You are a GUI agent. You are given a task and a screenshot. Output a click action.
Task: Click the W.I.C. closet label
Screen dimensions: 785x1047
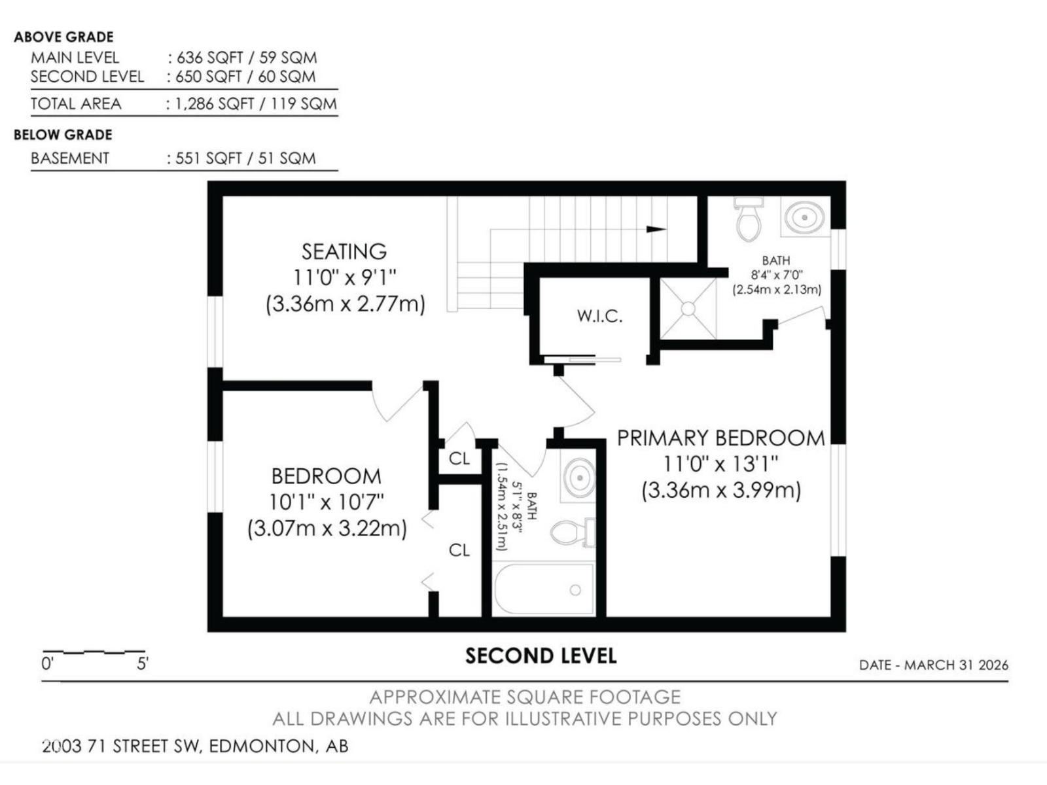(599, 317)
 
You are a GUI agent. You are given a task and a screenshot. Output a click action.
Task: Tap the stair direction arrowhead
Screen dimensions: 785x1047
(656, 229)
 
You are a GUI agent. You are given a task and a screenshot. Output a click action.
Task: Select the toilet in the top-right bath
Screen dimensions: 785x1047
(749, 220)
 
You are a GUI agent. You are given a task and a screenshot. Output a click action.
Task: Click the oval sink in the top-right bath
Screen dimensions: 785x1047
(804, 217)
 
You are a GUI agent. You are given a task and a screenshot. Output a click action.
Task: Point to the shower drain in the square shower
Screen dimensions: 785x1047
(688, 308)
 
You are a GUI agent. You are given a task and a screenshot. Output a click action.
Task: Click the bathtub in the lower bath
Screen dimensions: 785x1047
(544, 589)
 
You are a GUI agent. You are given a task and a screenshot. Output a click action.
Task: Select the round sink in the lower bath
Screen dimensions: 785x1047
(579, 478)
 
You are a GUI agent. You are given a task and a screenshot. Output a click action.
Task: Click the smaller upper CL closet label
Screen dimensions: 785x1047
(459, 459)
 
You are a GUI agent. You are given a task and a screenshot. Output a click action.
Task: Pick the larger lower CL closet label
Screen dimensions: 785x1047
(459, 550)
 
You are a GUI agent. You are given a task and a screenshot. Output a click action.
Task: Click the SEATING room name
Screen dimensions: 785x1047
(344, 252)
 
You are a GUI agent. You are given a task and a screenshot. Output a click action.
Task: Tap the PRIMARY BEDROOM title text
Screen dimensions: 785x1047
(720, 438)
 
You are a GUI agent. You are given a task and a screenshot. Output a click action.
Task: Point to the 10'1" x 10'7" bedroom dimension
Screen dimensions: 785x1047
(327, 502)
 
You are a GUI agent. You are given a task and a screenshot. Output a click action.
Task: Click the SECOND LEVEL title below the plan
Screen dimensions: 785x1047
(541, 656)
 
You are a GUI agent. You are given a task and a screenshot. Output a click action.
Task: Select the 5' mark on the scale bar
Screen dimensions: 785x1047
(143, 664)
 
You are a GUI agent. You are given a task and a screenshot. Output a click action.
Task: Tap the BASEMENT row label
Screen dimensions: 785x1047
(70, 158)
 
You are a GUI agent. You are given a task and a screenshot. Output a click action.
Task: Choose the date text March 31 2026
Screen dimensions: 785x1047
(933, 665)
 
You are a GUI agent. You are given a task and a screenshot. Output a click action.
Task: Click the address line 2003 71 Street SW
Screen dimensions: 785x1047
(195, 746)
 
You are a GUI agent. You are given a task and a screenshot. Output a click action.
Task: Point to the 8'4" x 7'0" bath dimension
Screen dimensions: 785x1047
(776, 275)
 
